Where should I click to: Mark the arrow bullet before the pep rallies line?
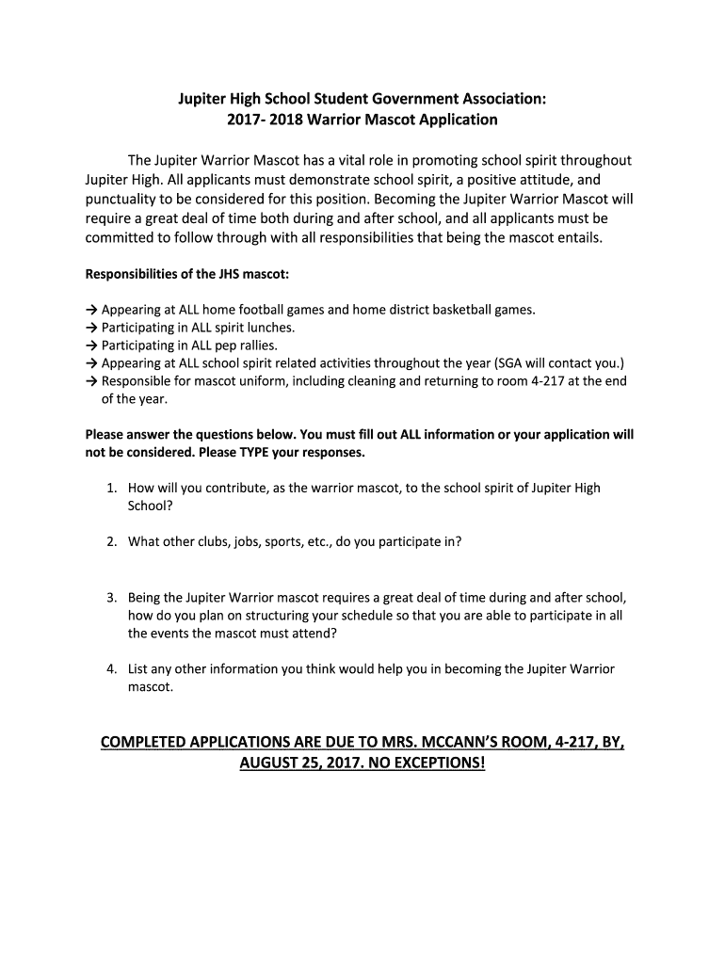91,345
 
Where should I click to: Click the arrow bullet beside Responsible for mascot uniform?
91,380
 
